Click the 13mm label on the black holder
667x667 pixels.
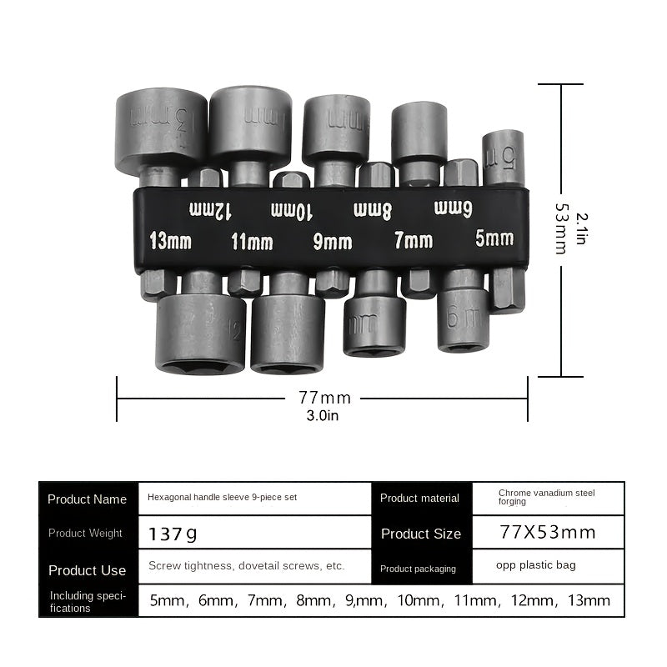(x=170, y=242)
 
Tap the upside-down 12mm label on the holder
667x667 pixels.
(x=210, y=209)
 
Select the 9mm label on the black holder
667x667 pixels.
(x=332, y=242)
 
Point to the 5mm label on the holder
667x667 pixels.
(x=494, y=238)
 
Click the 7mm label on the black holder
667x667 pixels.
(x=413, y=241)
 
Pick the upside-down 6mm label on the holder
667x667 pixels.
(x=454, y=208)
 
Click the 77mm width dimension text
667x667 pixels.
(x=324, y=398)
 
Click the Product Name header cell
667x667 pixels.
(x=88, y=499)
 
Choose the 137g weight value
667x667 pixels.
(x=173, y=533)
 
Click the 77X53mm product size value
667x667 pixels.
(x=547, y=533)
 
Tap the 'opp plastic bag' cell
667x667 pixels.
(x=535, y=565)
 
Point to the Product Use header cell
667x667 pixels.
(x=88, y=570)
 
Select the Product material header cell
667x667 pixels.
(x=419, y=498)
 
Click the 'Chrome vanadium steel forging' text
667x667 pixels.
(x=546, y=497)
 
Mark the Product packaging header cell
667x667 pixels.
(x=418, y=569)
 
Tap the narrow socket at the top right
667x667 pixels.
(x=503, y=157)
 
